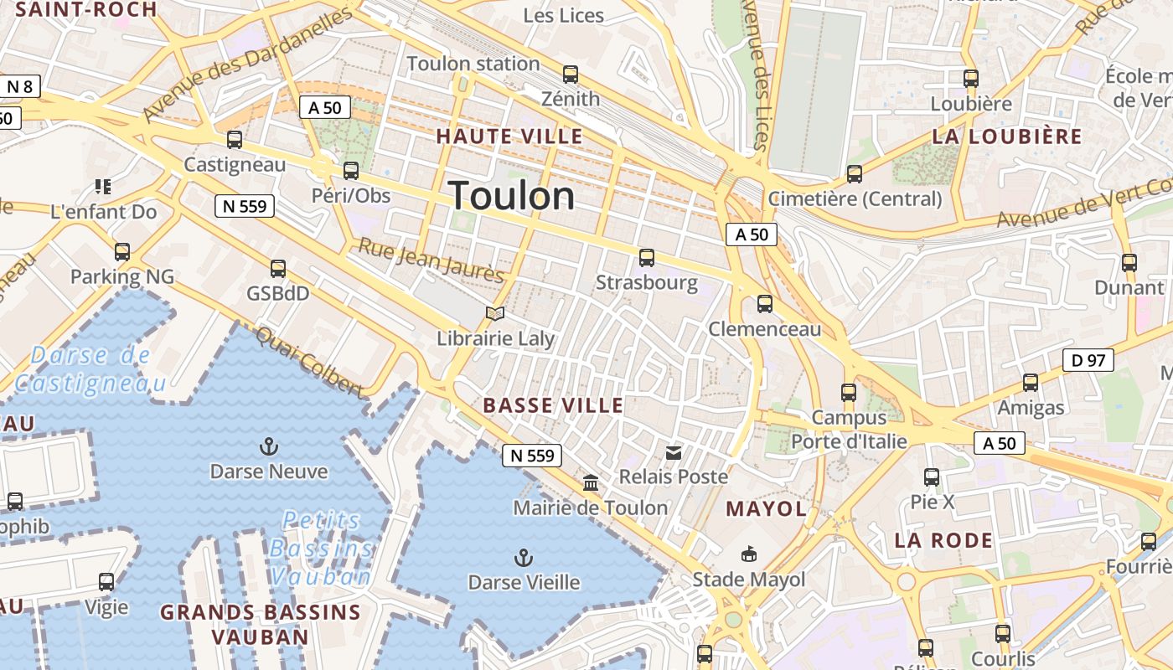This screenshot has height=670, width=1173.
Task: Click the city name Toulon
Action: [512, 196]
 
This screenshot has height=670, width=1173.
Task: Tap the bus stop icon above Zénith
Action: [571, 75]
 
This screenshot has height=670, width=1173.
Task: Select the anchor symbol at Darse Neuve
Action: [269, 446]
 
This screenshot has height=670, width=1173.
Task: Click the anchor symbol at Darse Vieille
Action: [524, 557]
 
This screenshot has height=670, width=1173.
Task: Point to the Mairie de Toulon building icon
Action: [591, 483]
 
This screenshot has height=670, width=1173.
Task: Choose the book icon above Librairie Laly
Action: [495, 313]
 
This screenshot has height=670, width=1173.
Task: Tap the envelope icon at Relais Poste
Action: [674, 453]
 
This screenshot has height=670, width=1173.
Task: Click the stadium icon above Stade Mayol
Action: [748, 554]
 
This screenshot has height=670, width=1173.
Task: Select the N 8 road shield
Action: [20, 85]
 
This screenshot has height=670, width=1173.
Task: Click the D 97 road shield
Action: [1088, 361]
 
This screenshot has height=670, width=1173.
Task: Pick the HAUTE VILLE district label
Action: [509, 137]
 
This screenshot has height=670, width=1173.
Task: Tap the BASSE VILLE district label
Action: [553, 406]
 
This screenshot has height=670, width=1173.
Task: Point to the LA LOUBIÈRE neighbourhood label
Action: [1007, 137]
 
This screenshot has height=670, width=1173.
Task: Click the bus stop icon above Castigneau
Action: [235, 140]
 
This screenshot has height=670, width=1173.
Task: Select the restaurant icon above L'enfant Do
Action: [103, 186]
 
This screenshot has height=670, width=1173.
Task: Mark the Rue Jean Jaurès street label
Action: [431, 260]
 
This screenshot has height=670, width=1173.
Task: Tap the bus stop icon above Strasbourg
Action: [646, 258]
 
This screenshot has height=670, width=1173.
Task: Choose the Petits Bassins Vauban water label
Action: [321, 549]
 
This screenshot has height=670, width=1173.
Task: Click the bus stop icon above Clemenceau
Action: [764, 304]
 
